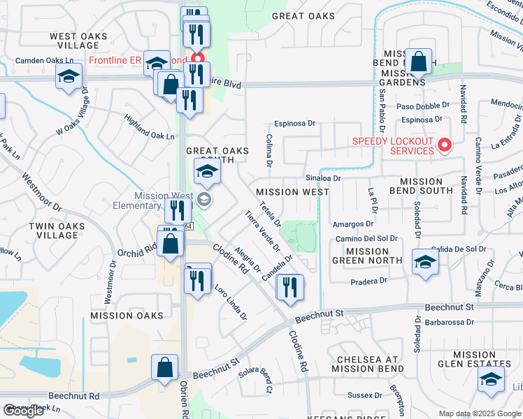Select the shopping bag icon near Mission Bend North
pos(419,63)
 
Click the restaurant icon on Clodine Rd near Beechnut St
pos(289,287)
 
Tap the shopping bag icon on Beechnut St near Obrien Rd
pos(164,368)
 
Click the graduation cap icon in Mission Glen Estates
pos(491,380)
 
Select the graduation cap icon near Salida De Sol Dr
pos(424,263)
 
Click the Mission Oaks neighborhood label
pos(127,316)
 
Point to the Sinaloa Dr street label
pos(324,178)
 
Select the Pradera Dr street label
pos(368,281)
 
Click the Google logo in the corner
pos(24,411)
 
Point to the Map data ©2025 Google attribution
pos(480,413)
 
